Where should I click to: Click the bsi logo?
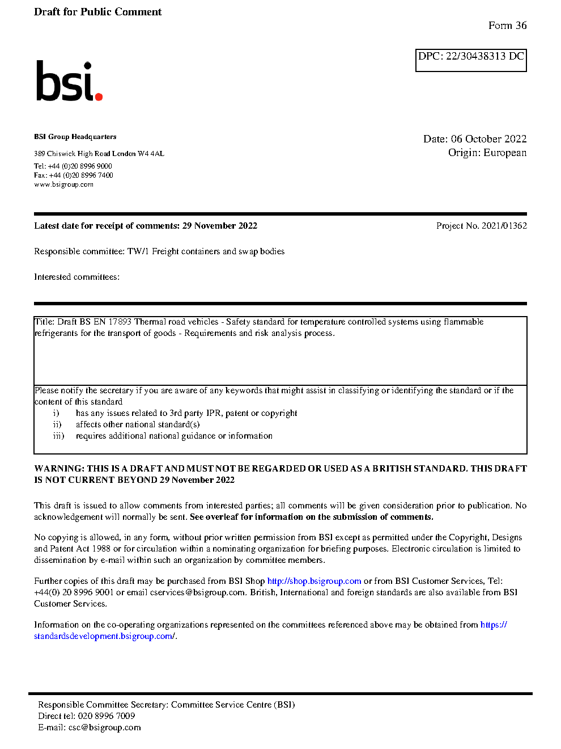(69, 81)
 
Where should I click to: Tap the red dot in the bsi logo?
(99, 96)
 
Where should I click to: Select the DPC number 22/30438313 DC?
(484, 56)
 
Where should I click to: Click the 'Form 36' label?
(507, 26)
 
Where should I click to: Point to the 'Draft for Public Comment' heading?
(97, 12)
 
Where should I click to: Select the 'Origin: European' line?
(487, 153)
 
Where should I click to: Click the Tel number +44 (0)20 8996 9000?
(80, 166)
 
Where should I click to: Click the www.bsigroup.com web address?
(63, 184)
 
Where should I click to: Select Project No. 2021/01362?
(481, 226)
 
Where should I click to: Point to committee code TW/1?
(138, 251)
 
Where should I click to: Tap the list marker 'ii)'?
(57, 424)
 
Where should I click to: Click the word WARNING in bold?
(59, 469)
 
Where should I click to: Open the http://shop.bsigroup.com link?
(314, 581)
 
